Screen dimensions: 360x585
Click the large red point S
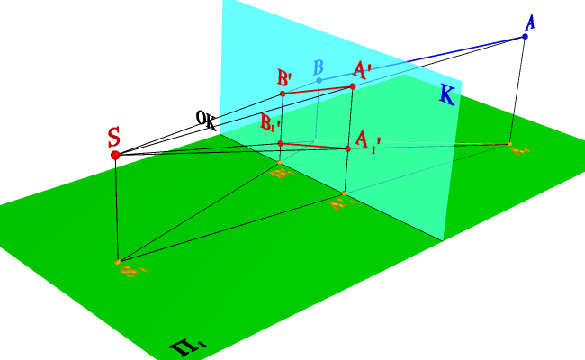(x=115, y=155)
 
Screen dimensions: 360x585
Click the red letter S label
(x=114, y=138)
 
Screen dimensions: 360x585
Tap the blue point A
(x=525, y=37)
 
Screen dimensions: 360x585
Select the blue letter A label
(x=530, y=22)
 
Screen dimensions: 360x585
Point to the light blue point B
(x=319, y=81)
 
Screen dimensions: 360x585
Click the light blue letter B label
(x=318, y=67)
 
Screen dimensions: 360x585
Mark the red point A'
(x=353, y=86)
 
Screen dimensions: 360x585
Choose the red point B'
(x=283, y=94)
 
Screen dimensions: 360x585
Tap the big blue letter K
(x=446, y=94)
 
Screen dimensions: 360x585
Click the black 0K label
(x=206, y=120)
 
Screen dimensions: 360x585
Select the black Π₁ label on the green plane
(x=190, y=344)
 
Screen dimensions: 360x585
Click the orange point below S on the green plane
(x=119, y=262)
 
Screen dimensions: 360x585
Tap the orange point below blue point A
(x=509, y=144)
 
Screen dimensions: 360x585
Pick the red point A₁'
(x=347, y=148)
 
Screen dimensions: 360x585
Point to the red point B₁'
(x=281, y=143)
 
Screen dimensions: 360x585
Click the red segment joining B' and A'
(x=318, y=90)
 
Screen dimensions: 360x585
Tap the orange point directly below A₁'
(x=345, y=193)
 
